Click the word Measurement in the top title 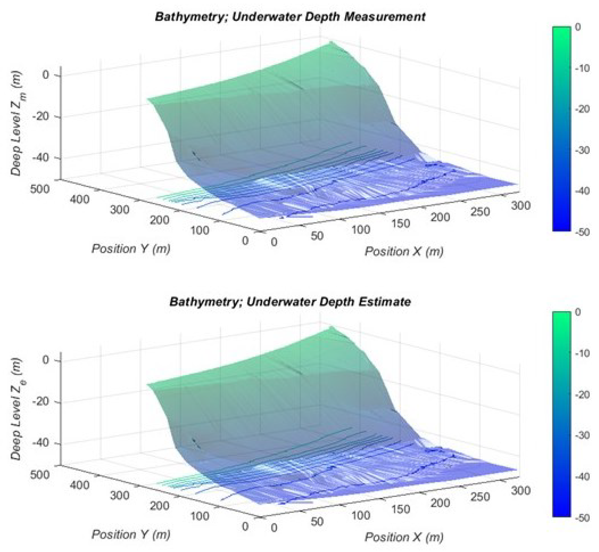coord(385,17)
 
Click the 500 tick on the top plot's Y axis coord(40,189)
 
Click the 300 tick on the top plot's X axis coord(521,206)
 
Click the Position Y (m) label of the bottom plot coord(131,534)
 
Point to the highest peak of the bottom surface coord(330,328)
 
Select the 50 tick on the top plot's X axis coord(317,236)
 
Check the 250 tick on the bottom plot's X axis coord(480,497)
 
